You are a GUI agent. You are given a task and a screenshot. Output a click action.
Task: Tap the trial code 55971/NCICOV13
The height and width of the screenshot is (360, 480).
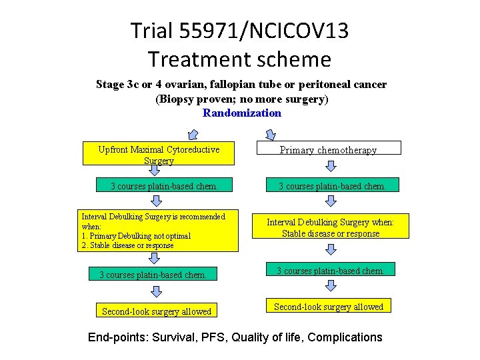point(264,31)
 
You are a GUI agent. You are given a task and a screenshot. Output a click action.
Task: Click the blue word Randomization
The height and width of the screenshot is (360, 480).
point(242,113)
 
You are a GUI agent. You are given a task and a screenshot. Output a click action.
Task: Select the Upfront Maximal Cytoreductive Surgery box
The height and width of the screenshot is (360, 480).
point(159,155)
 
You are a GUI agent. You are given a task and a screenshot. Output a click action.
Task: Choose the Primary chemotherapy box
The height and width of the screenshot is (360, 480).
point(328,149)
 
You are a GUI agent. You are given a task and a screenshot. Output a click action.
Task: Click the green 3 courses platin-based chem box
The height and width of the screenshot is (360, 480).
point(163,186)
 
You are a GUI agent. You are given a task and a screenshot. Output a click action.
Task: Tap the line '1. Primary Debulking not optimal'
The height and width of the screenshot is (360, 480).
point(136,236)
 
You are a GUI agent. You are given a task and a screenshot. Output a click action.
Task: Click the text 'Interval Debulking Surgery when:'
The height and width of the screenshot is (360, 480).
point(331,223)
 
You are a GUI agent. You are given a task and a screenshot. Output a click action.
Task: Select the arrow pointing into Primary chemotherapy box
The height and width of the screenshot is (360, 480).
point(269,134)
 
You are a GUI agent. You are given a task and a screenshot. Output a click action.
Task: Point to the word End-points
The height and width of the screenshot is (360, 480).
point(117,337)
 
